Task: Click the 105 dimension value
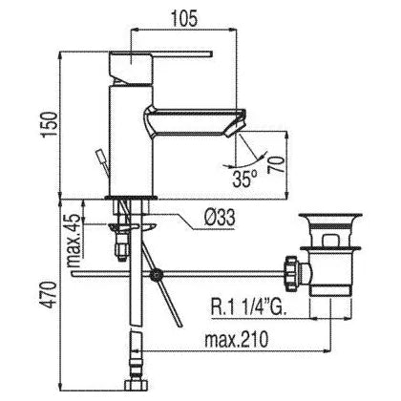pyautogui.click(x=184, y=18)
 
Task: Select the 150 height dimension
pyautogui.click(x=50, y=124)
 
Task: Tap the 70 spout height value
pyautogui.click(x=276, y=164)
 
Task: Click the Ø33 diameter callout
pyautogui.click(x=220, y=219)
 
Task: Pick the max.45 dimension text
pyautogui.click(x=74, y=241)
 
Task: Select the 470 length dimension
pyautogui.click(x=50, y=295)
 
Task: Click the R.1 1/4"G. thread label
pyautogui.click(x=248, y=306)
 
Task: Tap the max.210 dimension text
pyautogui.click(x=236, y=339)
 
